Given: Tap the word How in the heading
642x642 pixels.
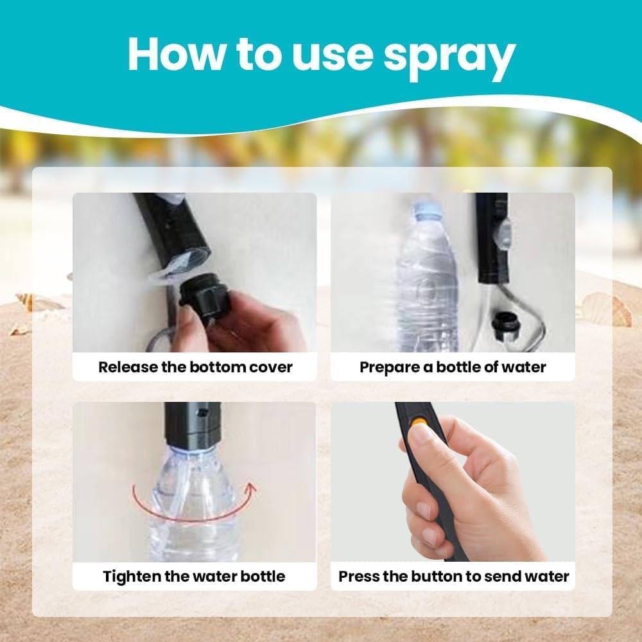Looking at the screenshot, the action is [x=177, y=54].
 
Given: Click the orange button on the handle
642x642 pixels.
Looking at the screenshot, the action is [x=417, y=422].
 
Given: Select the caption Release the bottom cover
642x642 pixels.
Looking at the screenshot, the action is [x=195, y=367].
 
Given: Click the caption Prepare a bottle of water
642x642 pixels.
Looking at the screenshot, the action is [x=453, y=367].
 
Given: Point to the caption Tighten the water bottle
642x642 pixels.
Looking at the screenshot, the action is [x=194, y=576].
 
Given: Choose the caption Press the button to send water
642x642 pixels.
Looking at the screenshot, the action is [x=454, y=576].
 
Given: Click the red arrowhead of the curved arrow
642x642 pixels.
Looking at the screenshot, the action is [x=250, y=488].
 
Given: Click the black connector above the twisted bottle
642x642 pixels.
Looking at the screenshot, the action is [x=193, y=424].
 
